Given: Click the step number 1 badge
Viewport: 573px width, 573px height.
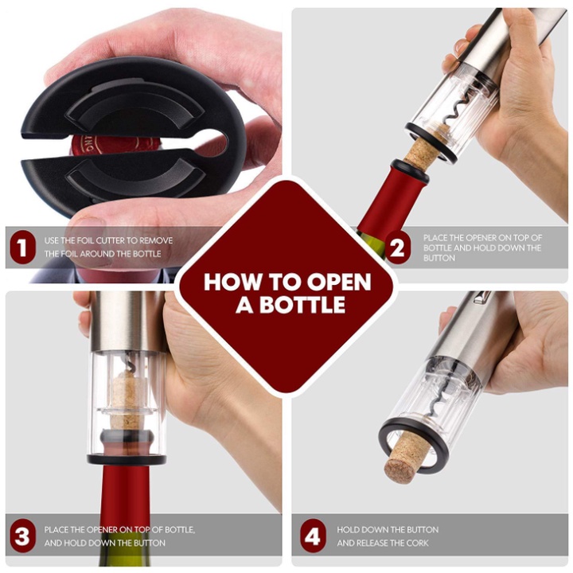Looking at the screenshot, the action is [x=22, y=248].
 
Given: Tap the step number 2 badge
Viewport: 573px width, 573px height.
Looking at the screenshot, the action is [x=398, y=248].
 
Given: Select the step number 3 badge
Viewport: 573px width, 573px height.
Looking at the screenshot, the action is [x=22, y=536].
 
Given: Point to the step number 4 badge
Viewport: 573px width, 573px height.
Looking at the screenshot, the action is [x=314, y=536].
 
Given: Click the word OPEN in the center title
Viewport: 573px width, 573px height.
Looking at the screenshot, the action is [x=339, y=282].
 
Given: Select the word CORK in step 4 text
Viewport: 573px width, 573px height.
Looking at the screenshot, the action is [x=417, y=543].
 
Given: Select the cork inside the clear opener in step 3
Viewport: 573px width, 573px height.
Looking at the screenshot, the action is [x=127, y=401].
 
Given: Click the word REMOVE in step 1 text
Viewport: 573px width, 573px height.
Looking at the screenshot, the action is [x=156, y=241].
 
